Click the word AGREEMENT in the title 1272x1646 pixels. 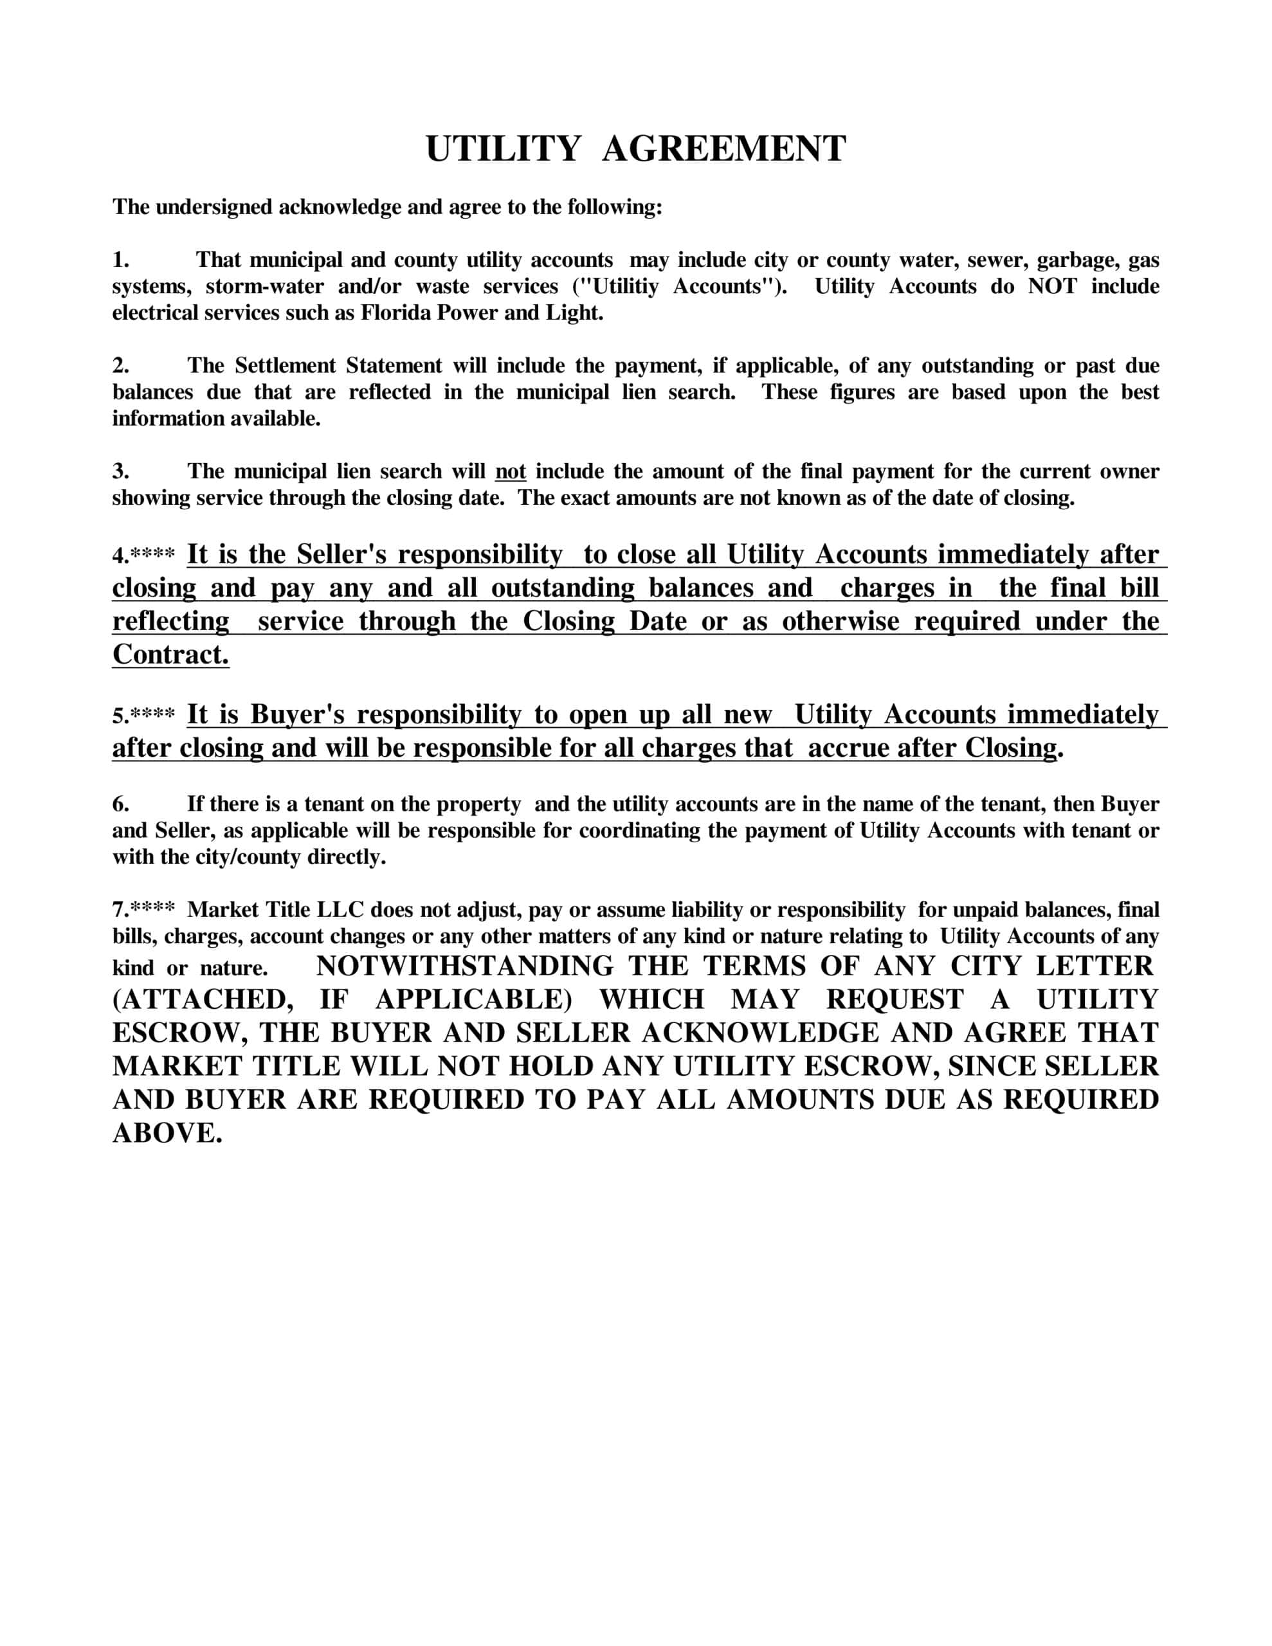(724, 149)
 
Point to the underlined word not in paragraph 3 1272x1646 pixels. (511, 472)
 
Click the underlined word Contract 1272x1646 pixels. (170, 654)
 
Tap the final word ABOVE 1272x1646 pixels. (167, 1133)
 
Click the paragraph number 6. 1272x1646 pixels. (121, 804)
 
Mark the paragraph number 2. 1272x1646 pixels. (121, 365)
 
